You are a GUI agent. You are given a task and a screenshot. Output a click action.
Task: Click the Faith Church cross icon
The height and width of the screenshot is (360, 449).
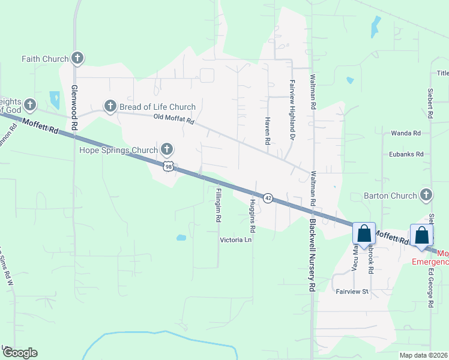click(77, 59)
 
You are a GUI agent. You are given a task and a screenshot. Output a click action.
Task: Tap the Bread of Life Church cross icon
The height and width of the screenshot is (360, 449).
click(110, 107)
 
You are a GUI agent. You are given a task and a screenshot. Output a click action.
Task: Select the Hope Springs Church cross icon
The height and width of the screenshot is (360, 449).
click(167, 149)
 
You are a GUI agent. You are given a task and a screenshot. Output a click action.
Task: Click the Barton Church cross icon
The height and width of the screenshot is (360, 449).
click(426, 196)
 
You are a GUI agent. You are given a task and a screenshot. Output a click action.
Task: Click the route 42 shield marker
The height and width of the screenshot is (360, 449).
click(268, 198)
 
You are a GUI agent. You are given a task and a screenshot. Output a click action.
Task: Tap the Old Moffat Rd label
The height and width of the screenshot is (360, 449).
click(173, 121)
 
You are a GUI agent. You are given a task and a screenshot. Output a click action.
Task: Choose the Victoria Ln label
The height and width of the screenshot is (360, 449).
click(235, 239)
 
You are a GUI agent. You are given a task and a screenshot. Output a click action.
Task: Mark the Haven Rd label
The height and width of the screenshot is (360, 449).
click(268, 130)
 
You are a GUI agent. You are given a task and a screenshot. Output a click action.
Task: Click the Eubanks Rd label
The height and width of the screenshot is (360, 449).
click(406, 154)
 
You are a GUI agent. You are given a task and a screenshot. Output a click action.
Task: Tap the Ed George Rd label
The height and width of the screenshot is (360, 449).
click(430, 287)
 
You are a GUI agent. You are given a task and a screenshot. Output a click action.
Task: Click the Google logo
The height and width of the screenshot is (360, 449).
click(20, 353)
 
